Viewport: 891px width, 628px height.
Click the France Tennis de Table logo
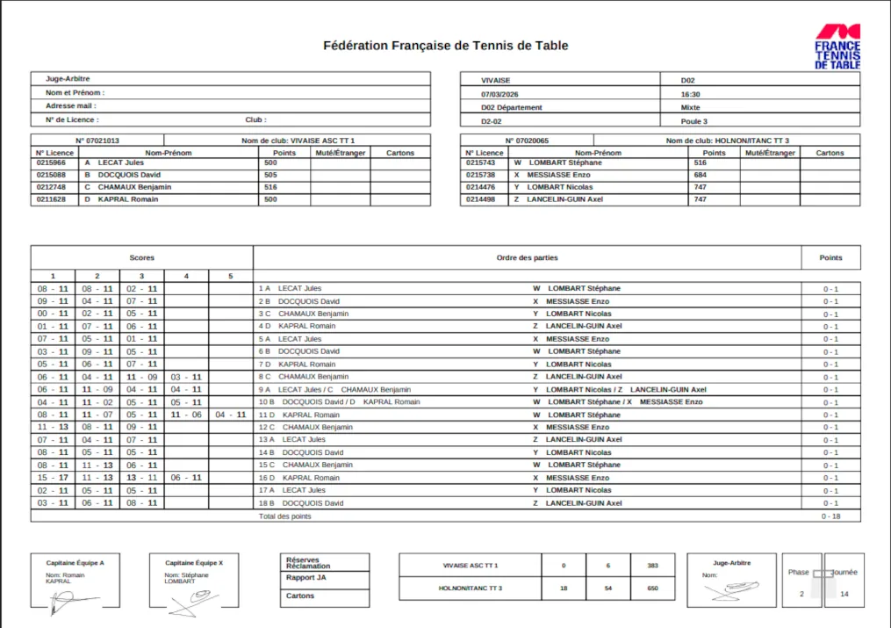point(837,47)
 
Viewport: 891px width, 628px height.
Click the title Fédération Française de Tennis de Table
point(445,46)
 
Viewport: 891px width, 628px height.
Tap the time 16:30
point(690,94)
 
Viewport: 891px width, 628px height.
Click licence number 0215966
point(51,162)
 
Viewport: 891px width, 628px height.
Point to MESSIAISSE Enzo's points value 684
point(700,175)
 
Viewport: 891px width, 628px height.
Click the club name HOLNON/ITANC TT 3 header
point(727,141)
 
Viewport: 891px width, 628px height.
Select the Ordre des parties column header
point(527,257)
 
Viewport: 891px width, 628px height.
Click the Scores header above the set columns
point(141,257)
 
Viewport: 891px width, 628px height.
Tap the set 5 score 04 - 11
point(231,415)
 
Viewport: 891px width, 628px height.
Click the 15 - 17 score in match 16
point(53,478)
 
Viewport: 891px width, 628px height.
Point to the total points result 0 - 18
point(830,516)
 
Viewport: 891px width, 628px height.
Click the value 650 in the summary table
point(652,588)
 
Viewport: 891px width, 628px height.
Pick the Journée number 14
point(844,594)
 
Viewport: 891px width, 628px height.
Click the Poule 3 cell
point(693,121)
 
